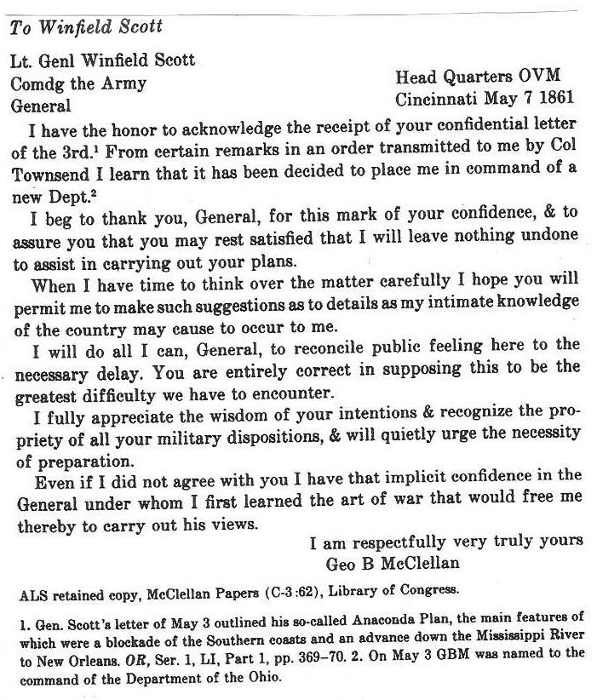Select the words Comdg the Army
[77, 84]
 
